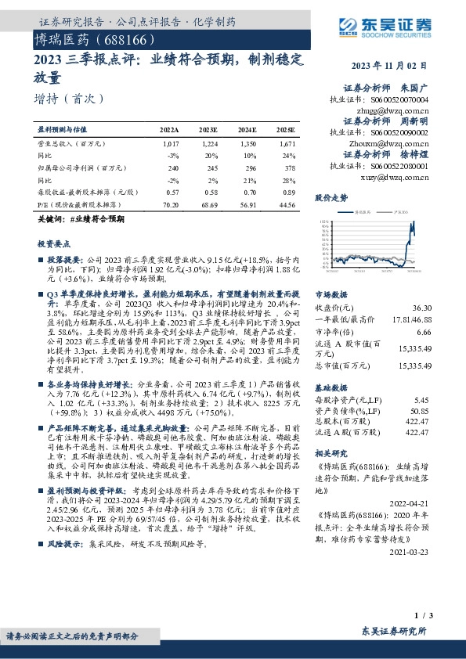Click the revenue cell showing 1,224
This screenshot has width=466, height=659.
click(x=208, y=145)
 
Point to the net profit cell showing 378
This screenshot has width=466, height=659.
click(x=289, y=167)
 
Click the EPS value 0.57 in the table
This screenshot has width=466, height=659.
click(x=172, y=191)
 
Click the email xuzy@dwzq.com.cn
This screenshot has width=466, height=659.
click(x=402, y=177)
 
